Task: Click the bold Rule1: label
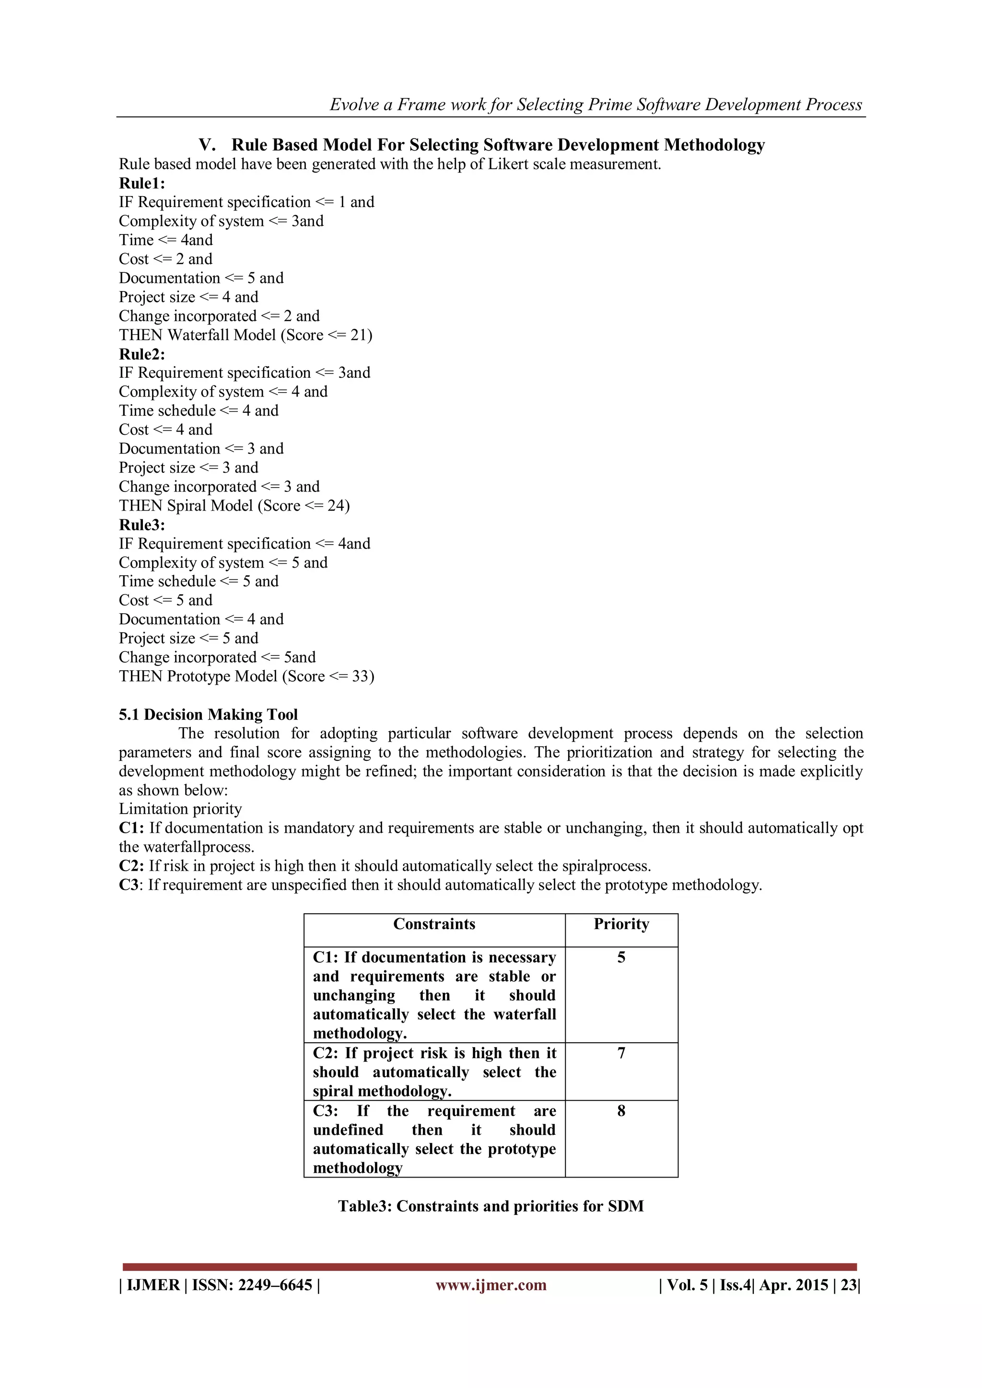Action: [x=141, y=183]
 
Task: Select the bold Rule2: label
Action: [x=141, y=354]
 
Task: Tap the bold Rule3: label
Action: [x=141, y=525]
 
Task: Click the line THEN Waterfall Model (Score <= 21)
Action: [x=245, y=335]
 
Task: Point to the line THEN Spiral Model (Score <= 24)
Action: [x=234, y=505]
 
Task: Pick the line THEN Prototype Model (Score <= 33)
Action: [x=246, y=676]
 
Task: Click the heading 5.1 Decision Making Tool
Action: [x=208, y=714]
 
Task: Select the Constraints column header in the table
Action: [x=434, y=924]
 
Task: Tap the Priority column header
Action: [x=621, y=924]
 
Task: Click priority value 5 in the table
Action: [x=621, y=957]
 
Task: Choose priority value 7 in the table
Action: [x=621, y=1053]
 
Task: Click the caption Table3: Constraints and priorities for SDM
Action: [x=491, y=1206]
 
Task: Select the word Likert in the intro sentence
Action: [x=489, y=164]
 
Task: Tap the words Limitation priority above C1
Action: [x=180, y=809]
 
